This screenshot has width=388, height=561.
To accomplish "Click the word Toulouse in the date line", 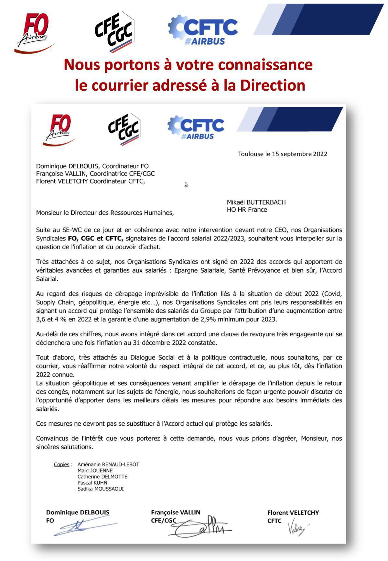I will click(251, 154).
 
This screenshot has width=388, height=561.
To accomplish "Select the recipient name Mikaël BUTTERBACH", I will click(256, 202).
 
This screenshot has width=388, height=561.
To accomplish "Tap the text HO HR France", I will click(247, 210).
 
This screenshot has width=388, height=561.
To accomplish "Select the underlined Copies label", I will click(61, 465).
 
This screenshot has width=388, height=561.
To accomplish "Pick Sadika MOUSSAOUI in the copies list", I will click(101, 489).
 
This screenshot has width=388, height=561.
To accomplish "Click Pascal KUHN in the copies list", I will click(92, 483).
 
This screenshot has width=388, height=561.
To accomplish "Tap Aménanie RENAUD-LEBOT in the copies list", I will click(108, 465).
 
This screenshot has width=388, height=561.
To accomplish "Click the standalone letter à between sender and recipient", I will click(186, 185).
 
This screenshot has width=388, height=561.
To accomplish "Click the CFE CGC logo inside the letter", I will click(124, 129).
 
